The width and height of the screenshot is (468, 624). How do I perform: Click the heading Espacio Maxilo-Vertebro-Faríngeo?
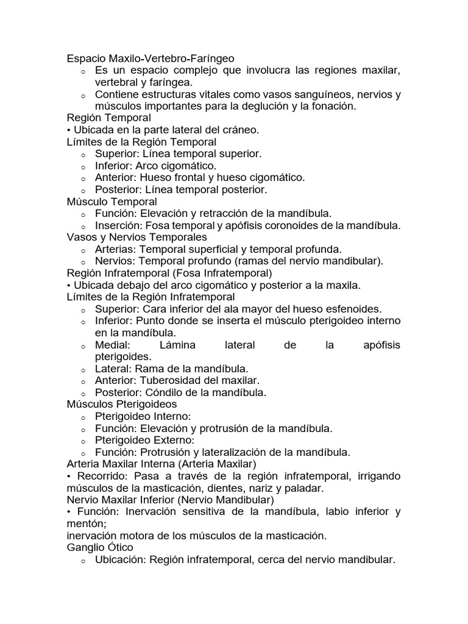(x=150, y=58)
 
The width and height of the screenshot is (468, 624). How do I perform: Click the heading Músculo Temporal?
(x=112, y=201)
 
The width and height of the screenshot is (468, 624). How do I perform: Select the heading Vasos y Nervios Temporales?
(x=136, y=236)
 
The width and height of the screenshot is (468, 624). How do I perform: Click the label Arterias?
(x=116, y=249)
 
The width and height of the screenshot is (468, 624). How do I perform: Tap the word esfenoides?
(x=355, y=308)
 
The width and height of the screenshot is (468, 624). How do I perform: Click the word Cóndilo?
(x=163, y=392)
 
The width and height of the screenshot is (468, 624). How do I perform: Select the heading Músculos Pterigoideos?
(x=122, y=404)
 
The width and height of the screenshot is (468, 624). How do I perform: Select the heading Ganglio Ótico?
(x=100, y=547)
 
